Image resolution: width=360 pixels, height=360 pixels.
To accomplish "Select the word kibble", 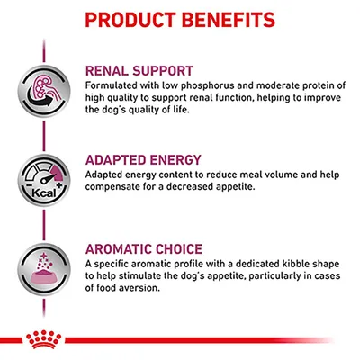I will [264, 263].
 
